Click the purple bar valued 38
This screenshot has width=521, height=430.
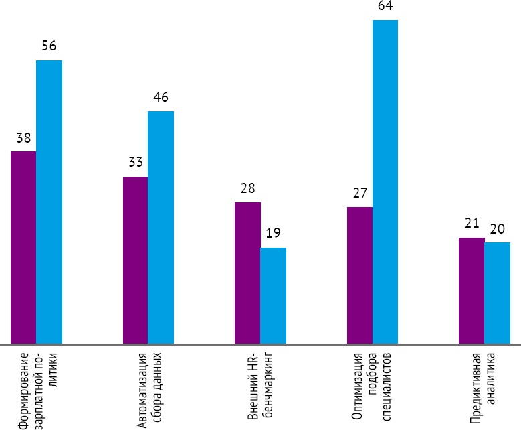coord(23,248)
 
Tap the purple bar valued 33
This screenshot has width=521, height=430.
coord(135,261)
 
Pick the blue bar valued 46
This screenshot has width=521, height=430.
coord(161,228)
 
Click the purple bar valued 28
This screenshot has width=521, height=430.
coord(247,273)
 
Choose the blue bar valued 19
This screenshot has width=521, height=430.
coord(273,296)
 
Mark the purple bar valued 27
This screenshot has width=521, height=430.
coord(360,276)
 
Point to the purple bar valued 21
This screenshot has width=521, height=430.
coord(472,291)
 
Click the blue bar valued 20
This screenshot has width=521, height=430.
coord(497,293)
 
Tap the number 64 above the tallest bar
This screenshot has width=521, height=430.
coord(385,7)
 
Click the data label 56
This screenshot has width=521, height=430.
coord(49,46)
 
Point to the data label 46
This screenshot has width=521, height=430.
coord(161,97)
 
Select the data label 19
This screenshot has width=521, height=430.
coord(273,234)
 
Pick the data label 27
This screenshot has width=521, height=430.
coord(360,193)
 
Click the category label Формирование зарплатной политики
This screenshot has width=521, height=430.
coord(37,389)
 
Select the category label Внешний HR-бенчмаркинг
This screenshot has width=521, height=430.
coord(260,384)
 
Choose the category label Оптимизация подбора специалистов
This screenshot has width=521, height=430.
coord(373,384)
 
